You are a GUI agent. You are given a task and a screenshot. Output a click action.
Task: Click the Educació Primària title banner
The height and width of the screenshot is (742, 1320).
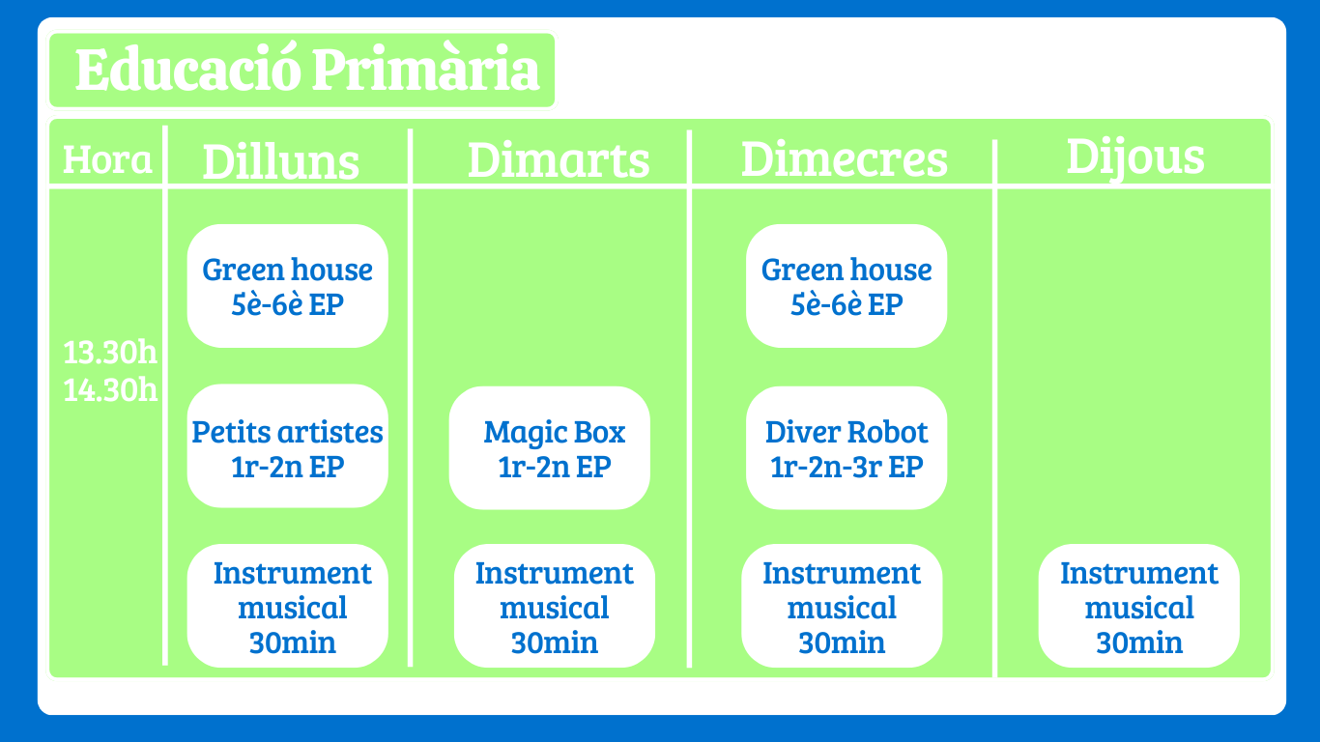click(302, 71)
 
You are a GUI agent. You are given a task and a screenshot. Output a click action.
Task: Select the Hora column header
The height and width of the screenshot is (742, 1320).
click(107, 159)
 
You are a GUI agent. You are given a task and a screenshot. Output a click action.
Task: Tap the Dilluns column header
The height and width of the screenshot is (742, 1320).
click(280, 161)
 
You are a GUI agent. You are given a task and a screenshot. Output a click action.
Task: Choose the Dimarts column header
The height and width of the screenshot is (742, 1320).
click(559, 159)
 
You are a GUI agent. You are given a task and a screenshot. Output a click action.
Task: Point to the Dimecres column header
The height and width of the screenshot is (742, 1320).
click(844, 159)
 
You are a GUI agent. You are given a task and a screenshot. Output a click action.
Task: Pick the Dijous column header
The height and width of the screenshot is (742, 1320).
click(1135, 157)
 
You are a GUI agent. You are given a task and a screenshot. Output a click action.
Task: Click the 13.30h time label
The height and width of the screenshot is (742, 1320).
click(110, 353)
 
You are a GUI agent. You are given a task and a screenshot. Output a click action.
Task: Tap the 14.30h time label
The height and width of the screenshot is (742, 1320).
click(110, 390)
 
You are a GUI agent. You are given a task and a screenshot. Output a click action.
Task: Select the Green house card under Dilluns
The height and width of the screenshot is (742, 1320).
click(288, 286)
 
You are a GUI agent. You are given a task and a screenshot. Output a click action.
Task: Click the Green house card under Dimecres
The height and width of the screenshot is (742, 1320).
click(847, 286)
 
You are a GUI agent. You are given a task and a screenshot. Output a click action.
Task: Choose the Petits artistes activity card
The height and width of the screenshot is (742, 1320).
click(288, 446)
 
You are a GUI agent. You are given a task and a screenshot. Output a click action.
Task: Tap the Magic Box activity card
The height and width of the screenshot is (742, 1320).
click(549, 448)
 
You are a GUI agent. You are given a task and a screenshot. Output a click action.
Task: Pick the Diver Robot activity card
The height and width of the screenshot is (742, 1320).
click(847, 448)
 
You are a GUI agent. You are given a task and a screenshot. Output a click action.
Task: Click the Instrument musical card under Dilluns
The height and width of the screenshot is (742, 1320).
click(288, 606)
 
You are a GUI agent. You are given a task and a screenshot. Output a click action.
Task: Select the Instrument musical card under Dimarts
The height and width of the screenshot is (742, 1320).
click(555, 606)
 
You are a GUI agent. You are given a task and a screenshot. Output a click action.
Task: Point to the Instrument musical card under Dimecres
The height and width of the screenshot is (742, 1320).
click(842, 606)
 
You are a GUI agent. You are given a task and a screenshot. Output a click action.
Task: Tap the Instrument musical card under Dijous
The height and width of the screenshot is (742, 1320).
click(1138, 606)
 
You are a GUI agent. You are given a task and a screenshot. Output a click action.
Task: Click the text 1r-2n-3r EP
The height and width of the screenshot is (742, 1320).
click(847, 467)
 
